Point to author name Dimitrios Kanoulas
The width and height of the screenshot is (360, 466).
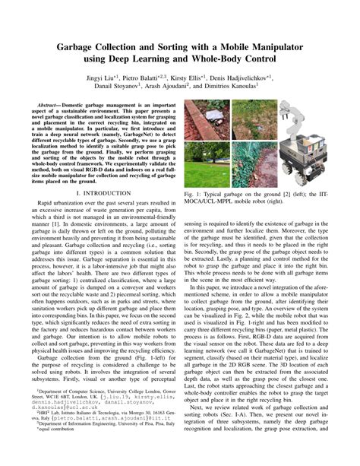[242, 89]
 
